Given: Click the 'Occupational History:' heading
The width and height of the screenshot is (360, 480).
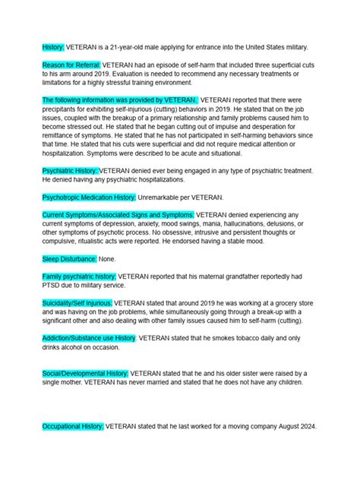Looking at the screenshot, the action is (x=73, y=428).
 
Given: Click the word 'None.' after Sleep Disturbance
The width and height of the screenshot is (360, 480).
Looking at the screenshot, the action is (x=107, y=259).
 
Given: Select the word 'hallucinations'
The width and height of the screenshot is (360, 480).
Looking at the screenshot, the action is (x=238, y=226).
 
